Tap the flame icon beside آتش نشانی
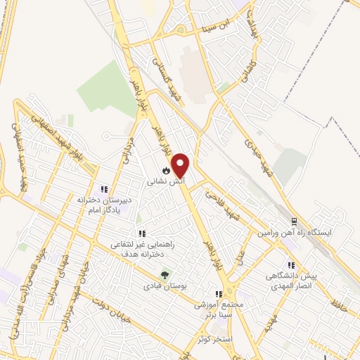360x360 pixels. click(x=165, y=170)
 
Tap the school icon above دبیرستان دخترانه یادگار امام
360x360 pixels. click(x=104, y=189)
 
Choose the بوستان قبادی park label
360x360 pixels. click(x=162, y=286)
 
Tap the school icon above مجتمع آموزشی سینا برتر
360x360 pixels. click(x=219, y=294)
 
